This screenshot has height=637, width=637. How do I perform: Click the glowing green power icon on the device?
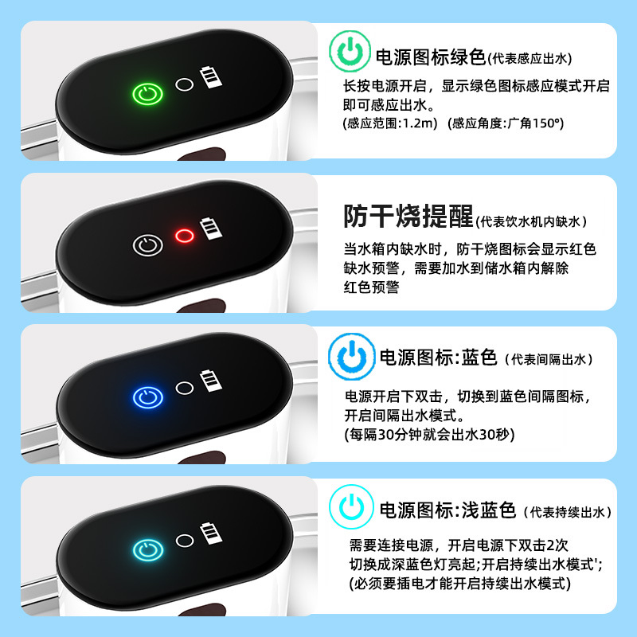148,94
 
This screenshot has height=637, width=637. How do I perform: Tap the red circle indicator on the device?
185,236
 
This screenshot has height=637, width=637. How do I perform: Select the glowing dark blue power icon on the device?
148,397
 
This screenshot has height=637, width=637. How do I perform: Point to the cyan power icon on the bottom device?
148,550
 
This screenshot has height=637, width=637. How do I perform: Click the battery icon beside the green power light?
211,77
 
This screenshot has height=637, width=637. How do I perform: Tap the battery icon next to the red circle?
211,229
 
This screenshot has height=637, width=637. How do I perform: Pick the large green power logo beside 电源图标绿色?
350,52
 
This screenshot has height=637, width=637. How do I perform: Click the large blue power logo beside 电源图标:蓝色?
351,356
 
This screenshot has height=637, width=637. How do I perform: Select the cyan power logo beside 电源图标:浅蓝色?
351,506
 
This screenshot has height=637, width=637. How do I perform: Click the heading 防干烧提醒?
408,216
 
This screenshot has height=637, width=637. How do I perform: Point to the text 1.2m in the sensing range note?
417,123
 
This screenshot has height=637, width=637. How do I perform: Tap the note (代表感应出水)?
530,59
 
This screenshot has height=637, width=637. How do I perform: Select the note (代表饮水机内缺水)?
531,222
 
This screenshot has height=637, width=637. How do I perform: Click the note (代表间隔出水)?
549,360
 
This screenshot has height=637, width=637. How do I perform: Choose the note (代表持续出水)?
568,512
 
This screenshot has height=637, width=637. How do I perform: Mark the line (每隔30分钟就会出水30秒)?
429,435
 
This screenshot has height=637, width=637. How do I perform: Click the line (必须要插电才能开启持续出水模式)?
460,584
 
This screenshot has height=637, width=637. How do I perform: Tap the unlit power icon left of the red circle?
148,245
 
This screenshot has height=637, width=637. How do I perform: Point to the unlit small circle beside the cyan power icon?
185,541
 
